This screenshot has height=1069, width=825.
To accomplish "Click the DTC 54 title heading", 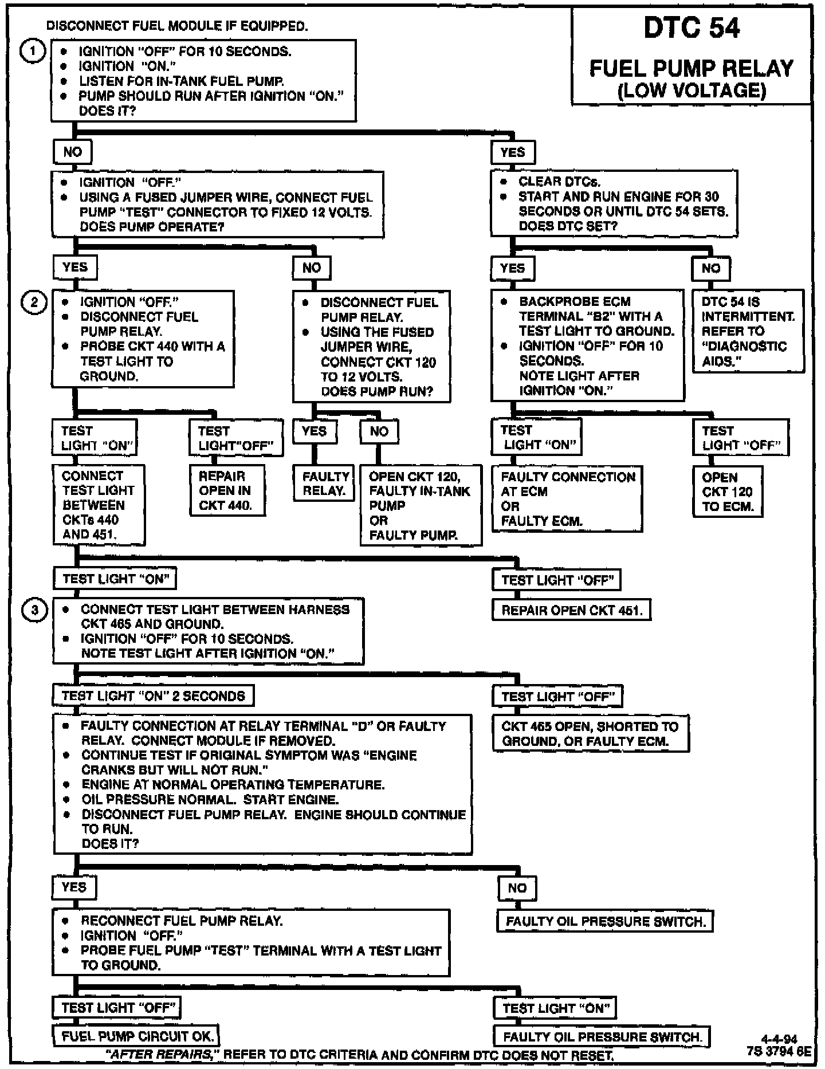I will click(x=692, y=28).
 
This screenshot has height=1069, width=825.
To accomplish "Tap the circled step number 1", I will click(x=33, y=52).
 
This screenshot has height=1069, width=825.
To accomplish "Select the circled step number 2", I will click(x=34, y=302).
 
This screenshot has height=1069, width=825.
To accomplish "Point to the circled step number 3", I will click(x=34, y=610).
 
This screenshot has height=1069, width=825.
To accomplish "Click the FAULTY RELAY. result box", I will click(x=325, y=484).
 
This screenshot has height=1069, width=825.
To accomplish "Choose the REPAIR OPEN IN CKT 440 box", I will click(x=227, y=491).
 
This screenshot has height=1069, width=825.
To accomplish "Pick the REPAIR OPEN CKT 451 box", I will click(x=571, y=611).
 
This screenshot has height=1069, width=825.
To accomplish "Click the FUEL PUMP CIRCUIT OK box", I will click(x=137, y=1036).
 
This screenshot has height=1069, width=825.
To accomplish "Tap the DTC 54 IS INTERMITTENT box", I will click(x=748, y=331).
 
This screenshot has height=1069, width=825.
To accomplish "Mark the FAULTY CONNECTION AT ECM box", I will click(x=567, y=499).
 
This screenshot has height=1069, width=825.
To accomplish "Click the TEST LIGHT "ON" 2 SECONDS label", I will click(x=153, y=696).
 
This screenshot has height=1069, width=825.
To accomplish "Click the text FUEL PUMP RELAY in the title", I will click(x=692, y=69).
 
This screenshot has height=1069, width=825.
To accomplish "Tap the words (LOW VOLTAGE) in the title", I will click(x=692, y=91).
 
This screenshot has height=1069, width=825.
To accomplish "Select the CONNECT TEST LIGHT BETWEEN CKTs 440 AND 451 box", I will click(x=99, y=505).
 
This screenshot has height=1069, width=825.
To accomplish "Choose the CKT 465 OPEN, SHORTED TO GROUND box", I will click(x=590, y=733).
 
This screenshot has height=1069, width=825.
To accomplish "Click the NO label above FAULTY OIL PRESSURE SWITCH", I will click(x=517, y=888).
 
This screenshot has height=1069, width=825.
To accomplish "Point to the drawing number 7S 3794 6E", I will click(x=779, y=1051).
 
